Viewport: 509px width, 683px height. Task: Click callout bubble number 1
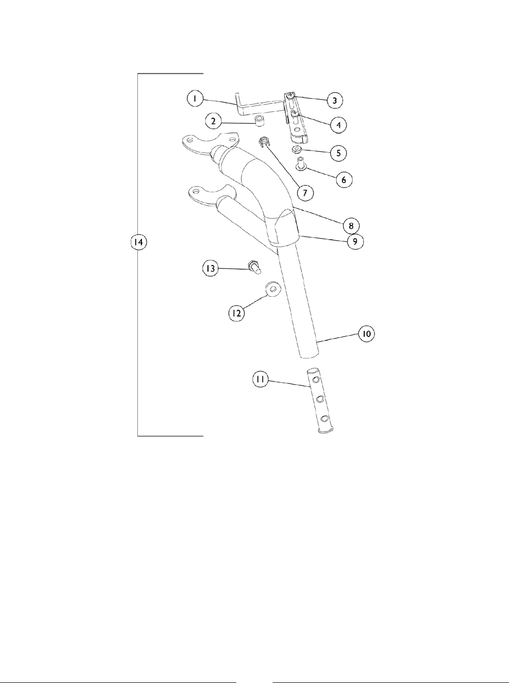pyautogui.click(x=194, y=99)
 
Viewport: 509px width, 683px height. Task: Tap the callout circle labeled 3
pyautogui.click(x=334, y=101)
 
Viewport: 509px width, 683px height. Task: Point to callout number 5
pyautogui.click(x=338, y=152)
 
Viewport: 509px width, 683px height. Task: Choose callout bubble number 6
pyautogui.click(x=344, y=179)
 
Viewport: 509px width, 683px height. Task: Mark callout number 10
pyautogui.click(x=367, y=334)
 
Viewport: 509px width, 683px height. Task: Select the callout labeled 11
pyautogui.click(x=262, y=380)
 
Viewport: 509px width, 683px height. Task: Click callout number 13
pyautogui.click(x=210, y=268)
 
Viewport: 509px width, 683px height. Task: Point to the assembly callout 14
pyautogui.click(x=138, y=243)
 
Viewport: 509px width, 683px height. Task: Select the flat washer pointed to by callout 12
pyautogui.click(x=273, y=290)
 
